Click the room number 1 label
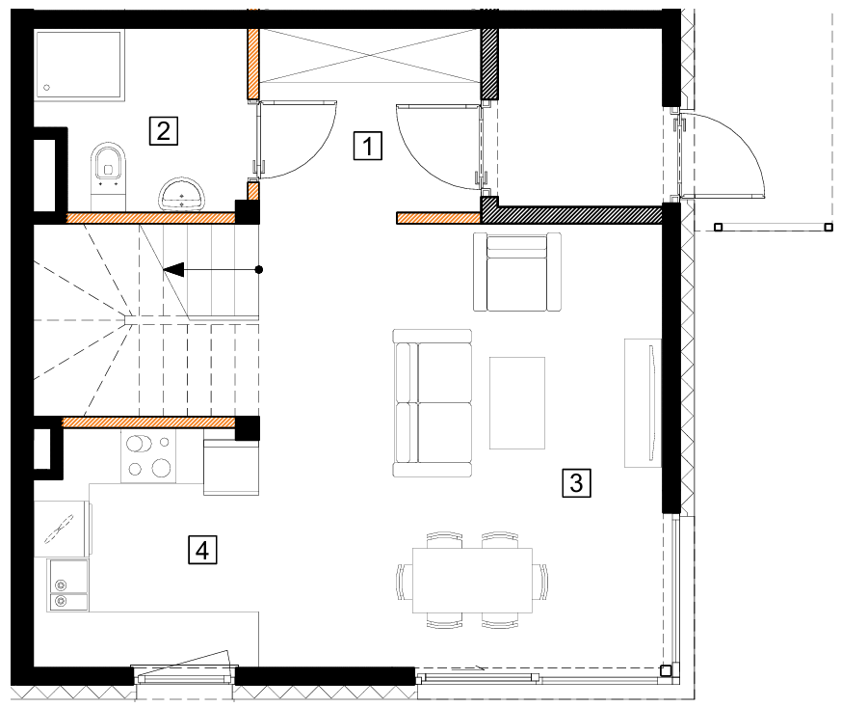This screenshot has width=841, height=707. coord(367,146)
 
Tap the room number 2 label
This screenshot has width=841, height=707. coord(163,131)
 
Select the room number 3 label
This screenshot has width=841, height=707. coord(576,482)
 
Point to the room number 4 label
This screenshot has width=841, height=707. coord(202,550)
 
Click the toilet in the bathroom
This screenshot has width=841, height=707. coord(108,172)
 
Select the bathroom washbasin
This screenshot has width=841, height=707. coord(182,194)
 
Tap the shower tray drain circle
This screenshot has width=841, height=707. coord(46,88)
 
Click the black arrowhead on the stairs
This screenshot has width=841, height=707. coord(173,269)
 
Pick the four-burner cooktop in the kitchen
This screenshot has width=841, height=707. coord(148,456)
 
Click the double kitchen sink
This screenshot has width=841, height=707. coord(68,585)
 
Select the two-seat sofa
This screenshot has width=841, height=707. coord(433,402)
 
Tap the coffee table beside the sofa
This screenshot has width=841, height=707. coord(517,402)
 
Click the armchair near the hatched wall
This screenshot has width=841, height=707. coord(517,272)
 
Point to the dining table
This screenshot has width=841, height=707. coord(472,581)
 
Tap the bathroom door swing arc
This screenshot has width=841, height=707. coord(322,150)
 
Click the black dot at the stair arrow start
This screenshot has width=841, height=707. coord(259,269)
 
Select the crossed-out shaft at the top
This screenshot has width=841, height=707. coord(370,56)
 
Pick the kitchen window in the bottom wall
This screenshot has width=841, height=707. coord(186,679)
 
